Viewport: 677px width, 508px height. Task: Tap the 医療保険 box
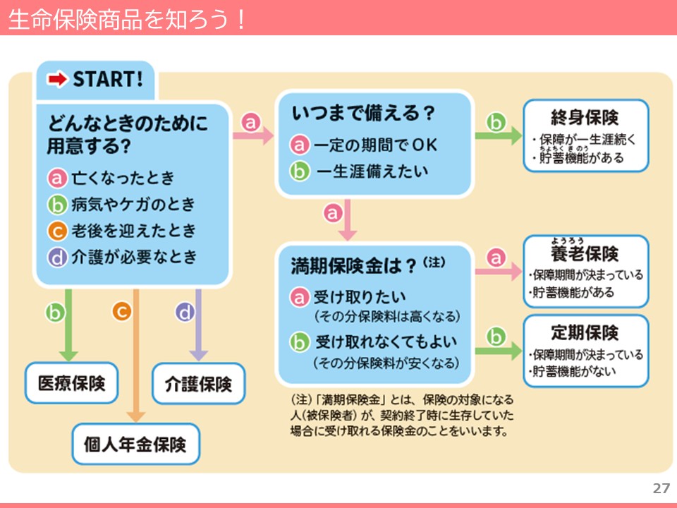point(71,383)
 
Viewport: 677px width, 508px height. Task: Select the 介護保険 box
point(198,384)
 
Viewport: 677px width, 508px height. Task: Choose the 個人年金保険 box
point(135,445)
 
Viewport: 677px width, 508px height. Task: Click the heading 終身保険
point(585,116)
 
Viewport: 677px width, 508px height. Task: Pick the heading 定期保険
point(585,332)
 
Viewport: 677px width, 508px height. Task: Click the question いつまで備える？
point(363,113)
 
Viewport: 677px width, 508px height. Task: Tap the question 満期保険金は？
point(357,265)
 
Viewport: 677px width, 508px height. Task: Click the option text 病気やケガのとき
point(133,205)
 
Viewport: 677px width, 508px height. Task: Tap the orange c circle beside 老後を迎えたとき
point(57,231)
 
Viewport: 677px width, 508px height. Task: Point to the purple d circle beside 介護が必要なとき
point(57,258)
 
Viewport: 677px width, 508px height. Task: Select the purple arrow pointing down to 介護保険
point(198,325)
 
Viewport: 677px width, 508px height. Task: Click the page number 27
point(661,488)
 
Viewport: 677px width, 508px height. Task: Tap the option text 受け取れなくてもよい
point(386,342)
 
